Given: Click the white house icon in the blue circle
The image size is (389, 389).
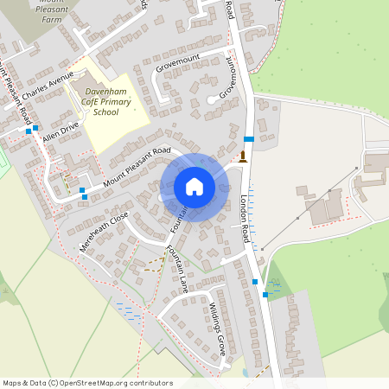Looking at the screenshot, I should pyautogui.click(x=194, y=186).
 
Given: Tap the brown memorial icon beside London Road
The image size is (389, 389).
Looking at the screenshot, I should pyautogui.click(x=244, y=156).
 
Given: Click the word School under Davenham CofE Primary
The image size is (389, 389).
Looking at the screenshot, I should pyautogui.click(x=105, y=112).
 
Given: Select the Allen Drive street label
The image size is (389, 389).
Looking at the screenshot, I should pyautogui.click(x=60, y=131).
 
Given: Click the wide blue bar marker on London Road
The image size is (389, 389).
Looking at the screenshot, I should pyautogui.click(x=249, y=138).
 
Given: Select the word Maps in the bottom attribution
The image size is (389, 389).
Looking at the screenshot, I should pyautogui.click(x=12, y=383).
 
